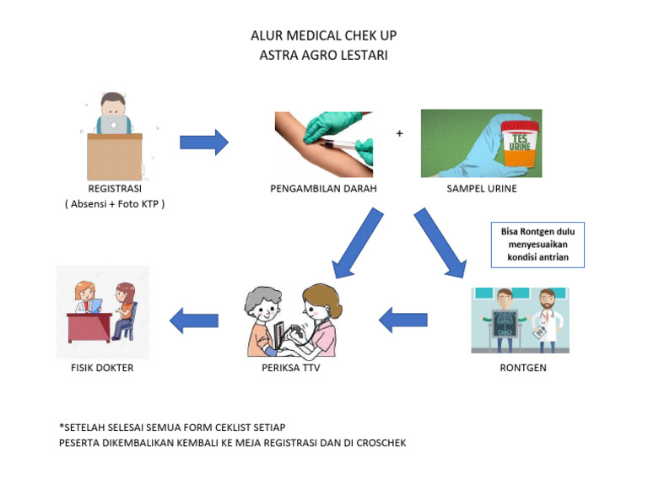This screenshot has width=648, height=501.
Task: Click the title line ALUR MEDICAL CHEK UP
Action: tap(323, 35)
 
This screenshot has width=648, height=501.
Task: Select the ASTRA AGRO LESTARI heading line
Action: tap(323, 55)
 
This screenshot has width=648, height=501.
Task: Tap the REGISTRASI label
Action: tap(114, 189)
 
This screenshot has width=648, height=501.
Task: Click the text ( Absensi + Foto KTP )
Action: tap(114, 204)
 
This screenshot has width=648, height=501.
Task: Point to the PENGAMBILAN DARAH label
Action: tap(323, 189)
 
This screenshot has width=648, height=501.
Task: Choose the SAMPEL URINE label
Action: tap(481, 189)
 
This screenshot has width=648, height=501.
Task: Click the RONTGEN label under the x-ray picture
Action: tap(519, 368)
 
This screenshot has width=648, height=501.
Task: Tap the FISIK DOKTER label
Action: tap(102, 368)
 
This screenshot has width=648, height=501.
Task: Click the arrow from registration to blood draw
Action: tap(204, 143)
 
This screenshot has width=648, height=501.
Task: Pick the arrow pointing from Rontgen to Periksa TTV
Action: tap(403, 320)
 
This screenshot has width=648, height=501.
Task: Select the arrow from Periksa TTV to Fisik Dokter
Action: tap(195, 320)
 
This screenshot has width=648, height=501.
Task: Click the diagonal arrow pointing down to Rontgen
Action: tap(440, 243)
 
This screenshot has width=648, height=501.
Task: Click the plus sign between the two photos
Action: tap(399, 133)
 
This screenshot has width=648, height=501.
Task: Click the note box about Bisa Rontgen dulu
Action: tap(537, 245)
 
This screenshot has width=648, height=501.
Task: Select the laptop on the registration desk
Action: tap(113, 125)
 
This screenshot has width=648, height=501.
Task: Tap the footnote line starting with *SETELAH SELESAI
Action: tap(178, 427)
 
